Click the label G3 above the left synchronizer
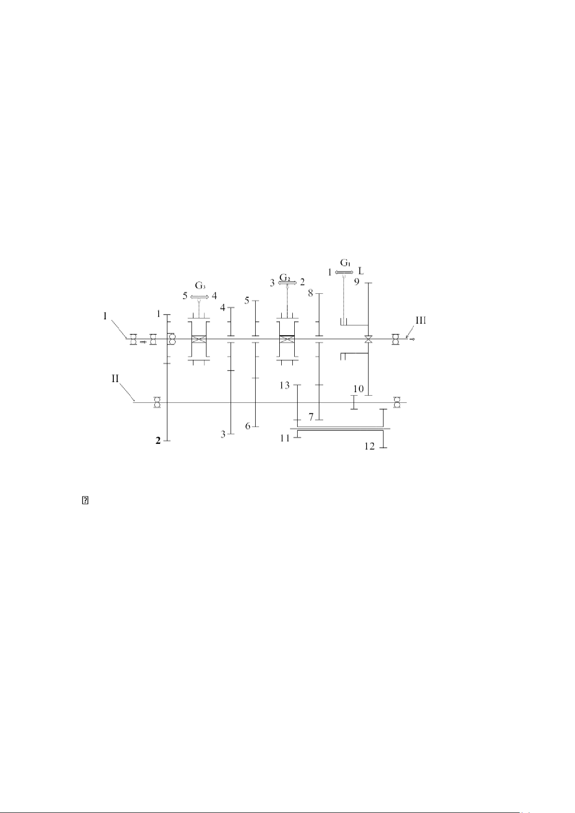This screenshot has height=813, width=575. (x=200, y=286)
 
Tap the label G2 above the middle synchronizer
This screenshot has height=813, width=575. (x=285, y=277)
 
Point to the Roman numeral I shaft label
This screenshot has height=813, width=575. (x=105, y=316)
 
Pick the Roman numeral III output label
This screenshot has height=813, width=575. (x=421, y=320)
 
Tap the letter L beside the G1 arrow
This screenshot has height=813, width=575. (x=361, y=271)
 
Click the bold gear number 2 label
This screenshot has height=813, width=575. (x=158, y=441)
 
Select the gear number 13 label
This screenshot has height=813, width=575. (x=285, y=385)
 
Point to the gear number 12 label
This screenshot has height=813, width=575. (x=370, y=446)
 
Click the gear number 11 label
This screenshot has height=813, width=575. (x=285, y=439)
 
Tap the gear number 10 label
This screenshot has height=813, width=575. (x=358, y=389)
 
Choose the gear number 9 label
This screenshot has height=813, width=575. (x=356, y=282)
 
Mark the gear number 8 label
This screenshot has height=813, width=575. (x=311, y=293)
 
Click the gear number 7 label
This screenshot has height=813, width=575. (x=311, y=417)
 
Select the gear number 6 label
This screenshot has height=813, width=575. (x=248, y=426)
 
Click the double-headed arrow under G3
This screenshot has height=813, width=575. (x=200, y=297)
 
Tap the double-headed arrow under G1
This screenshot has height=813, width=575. (x=343, y=272)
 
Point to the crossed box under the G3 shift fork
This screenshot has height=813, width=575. (x=198, y=339)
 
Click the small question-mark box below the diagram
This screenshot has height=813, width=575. (x=85, y=501)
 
